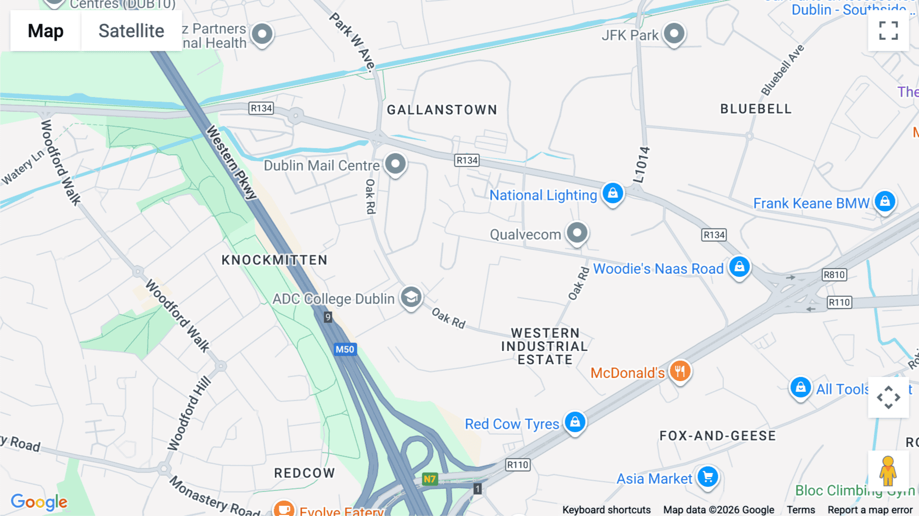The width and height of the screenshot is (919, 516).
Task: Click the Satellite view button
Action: [x=131, y=31]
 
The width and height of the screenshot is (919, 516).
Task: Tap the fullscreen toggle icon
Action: [x=888, y=31]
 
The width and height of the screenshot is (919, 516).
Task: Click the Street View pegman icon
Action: [x=888, y=471]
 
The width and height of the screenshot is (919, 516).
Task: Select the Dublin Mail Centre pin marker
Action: [x=395, y=164]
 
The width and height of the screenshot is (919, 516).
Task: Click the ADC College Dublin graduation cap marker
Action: [x=411, y=297]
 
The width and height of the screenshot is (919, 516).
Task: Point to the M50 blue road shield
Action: [x=345, y=349]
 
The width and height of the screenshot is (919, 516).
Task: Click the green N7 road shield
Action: [x=429, y=479]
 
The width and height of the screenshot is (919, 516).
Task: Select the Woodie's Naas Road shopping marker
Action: [x=739, y=266]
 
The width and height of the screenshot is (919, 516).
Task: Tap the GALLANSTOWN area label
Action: [x=442, y=110]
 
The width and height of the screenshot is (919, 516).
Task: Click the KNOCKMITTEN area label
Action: [x=274, y=260]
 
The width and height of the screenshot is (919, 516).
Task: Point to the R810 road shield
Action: [x=834, y=274]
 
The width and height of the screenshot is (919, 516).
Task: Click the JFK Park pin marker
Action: [x=674, y=34]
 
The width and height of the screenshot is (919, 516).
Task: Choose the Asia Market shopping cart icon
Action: [x=708, y=477]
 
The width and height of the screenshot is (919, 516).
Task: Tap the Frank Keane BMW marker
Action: [x=885, y=201]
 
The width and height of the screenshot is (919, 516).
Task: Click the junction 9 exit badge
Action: [x=328, y=317]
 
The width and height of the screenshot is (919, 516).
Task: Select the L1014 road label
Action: [x=641, y=165]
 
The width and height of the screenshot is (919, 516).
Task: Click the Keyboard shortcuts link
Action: [x=606, y=509]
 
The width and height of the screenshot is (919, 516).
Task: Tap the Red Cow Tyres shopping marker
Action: [x=575, y=422]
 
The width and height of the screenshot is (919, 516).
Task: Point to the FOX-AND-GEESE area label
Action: [x=717, y=436]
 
